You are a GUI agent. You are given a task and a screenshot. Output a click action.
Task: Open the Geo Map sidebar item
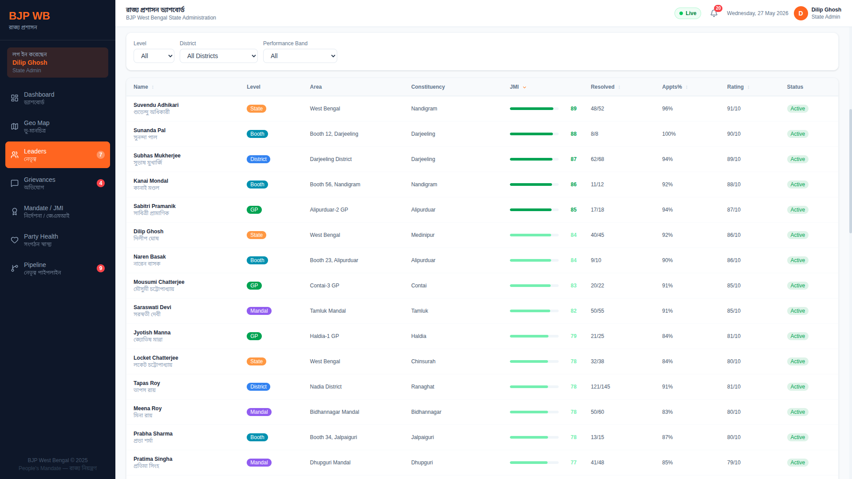(x=58, y=126)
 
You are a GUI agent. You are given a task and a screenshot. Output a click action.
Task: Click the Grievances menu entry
(x=58, y=183)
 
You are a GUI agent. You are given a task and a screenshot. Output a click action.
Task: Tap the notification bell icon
(x=714, y=13)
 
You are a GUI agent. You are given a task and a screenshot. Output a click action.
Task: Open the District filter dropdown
(x=219, y=56)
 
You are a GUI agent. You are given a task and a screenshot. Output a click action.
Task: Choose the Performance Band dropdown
(x=300, y=56)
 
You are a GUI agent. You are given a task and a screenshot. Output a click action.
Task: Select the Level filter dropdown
(x=154, y=56)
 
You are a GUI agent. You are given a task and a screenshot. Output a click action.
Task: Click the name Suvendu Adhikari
(x=156, y=105)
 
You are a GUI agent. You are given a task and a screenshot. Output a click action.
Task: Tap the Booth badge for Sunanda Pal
(x=257, y=134)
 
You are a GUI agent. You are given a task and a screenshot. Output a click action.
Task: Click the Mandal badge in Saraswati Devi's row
(x=259, y=311)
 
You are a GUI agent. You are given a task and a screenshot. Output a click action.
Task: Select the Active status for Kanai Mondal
(x=797, y=185)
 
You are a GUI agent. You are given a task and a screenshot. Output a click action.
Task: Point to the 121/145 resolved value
(x=600, y=387)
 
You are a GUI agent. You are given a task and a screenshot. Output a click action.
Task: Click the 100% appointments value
(x=669, y=134)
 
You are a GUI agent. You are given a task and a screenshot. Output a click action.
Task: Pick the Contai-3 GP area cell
(x=324, y=286)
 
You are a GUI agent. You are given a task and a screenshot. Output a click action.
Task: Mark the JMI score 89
(x=574, y=109)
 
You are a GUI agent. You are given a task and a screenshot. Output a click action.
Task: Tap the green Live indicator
(x=688, y=13)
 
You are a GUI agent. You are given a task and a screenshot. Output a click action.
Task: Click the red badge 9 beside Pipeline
(x=101, y=268)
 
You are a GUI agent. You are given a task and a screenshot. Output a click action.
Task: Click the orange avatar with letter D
(x=801, y=13)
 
